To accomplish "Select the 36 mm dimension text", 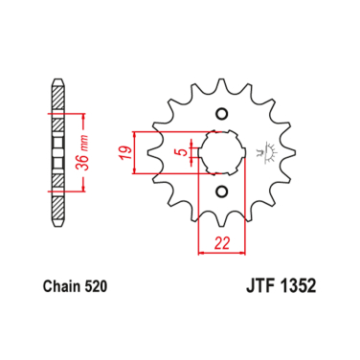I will pos(83,151).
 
